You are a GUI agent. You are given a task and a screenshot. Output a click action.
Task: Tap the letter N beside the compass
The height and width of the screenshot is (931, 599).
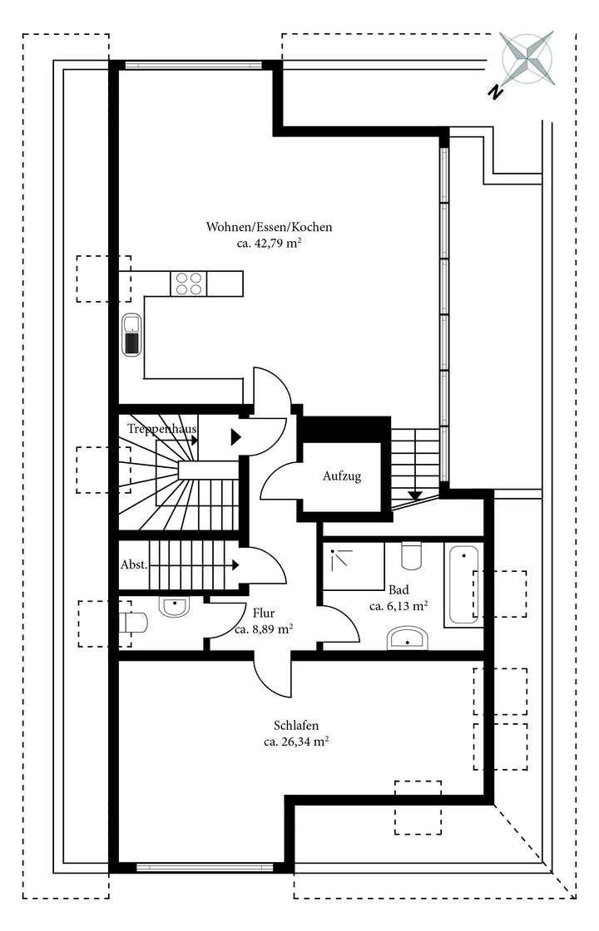pos(495,92)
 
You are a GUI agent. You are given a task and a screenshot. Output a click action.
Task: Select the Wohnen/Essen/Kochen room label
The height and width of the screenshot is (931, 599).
pos(270,227)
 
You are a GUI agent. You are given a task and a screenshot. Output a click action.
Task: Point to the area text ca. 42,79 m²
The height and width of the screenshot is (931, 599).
pos(270,244)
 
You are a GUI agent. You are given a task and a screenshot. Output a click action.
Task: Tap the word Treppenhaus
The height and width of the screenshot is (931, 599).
pos(162,429)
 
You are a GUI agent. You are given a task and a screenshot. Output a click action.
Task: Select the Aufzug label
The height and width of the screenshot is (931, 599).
pos(342,477)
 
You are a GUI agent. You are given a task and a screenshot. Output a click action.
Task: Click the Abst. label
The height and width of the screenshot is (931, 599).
pos(134,564)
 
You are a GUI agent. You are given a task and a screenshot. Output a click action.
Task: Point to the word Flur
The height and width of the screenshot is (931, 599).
pos(263,613)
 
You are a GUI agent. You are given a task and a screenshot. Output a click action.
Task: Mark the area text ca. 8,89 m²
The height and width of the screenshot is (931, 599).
pos(263,629)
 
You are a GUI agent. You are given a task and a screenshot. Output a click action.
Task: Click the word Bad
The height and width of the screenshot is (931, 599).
pos(399,589)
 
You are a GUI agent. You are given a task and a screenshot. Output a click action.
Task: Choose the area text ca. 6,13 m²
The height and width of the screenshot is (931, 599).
pos(399,606)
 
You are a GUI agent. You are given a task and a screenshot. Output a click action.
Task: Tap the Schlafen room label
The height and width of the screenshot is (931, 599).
pos(295,725)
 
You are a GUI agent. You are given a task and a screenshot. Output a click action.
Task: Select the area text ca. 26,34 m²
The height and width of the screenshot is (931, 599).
pos(295,741)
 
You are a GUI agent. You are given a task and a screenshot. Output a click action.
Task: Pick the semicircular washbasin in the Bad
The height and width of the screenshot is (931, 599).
pos(408,638)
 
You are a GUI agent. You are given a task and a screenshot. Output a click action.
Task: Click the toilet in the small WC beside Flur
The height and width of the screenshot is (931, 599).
pos(133,622)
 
